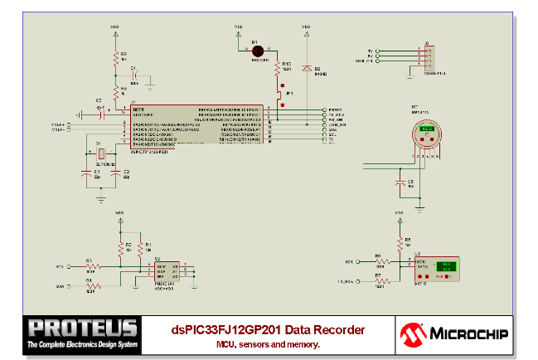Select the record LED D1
tap(256, 51)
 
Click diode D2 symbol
tap(307, 67)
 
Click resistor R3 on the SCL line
tap(93, 267)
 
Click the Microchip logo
tap(454, 333)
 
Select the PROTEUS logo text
tap(81, 328)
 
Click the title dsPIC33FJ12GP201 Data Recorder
tap(268, 329)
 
